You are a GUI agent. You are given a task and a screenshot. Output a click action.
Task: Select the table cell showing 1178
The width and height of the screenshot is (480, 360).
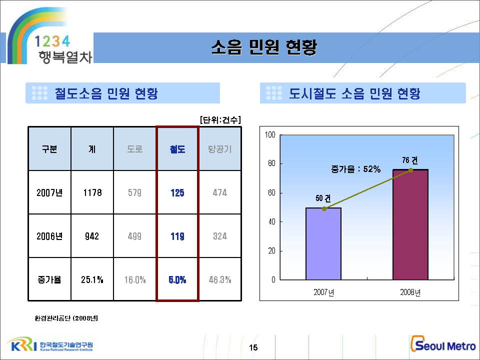(92, 192)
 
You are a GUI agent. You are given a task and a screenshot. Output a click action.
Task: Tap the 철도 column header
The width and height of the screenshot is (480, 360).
(177, 149)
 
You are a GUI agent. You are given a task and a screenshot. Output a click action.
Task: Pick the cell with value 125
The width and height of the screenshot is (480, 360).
(177, 192)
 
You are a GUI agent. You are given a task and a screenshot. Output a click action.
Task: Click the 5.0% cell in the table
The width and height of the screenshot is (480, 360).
(177, 279)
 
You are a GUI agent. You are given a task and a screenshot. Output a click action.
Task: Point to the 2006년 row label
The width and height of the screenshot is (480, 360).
(49, 236)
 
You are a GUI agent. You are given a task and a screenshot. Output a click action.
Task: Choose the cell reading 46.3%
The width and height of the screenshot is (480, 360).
(220, 279)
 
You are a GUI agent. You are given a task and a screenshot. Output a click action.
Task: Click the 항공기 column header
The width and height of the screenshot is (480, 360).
(220, 149)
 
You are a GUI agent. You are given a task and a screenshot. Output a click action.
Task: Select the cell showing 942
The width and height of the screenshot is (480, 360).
(92, 236)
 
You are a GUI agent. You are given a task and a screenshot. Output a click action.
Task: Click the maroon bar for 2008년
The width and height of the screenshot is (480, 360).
(410, 225)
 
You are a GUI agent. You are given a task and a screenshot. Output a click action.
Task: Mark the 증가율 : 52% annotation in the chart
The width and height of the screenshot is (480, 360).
(355, 169)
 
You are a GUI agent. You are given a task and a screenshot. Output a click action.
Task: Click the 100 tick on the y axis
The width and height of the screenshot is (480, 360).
(270, 135)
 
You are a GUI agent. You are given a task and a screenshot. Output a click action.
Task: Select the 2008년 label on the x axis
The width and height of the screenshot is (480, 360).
(410, 292)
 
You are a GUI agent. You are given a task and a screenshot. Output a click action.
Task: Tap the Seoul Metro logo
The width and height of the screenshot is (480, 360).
(442, 345)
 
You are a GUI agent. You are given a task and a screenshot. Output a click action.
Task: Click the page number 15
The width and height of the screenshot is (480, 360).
(253, 348)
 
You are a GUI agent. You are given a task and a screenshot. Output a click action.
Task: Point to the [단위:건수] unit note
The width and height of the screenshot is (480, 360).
(220, 120)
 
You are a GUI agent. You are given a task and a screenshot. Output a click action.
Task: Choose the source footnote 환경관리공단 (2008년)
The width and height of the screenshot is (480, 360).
(66, 317)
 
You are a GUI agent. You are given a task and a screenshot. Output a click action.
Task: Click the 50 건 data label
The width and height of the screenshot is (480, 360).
(323, 198)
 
